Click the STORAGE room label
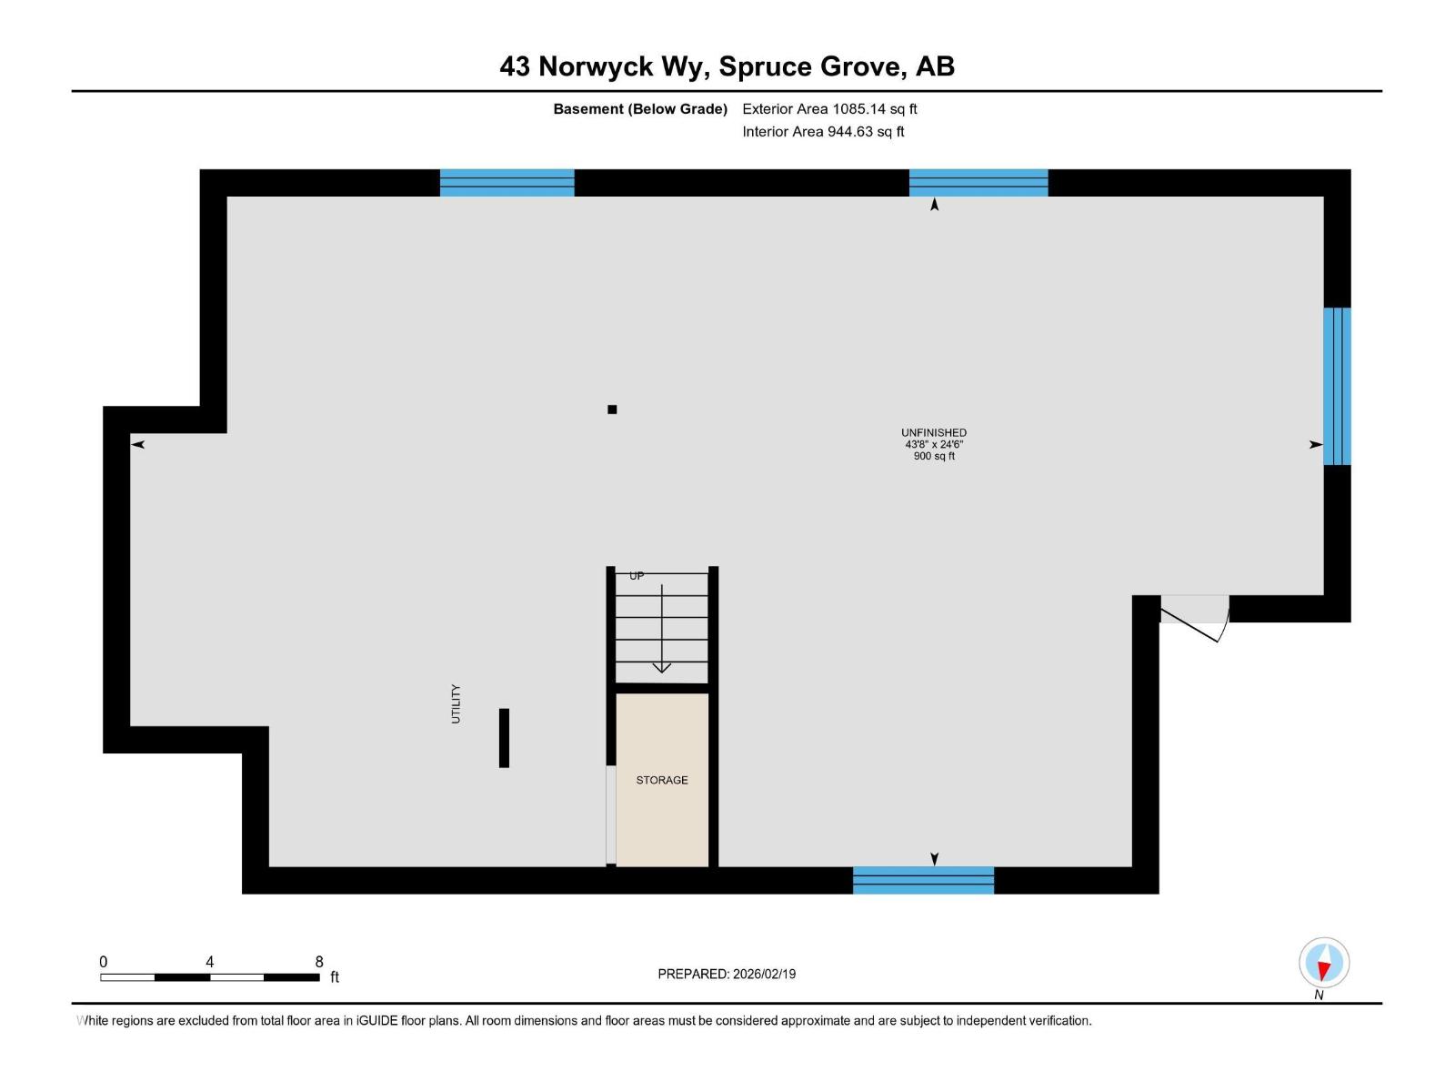click(661, 780)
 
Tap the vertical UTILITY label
click(456, 703)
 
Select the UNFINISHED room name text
click(933, 432)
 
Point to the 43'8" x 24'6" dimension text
click(933, 444)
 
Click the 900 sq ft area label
click(933, 456)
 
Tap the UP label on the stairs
click(637, 576)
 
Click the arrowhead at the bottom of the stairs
click(662, 667)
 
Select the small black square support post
click(612, 409)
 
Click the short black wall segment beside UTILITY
click(504, 737)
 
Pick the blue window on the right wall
click(1337, 386)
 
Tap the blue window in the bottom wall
click(923, 880)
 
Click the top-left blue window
click(507, 183)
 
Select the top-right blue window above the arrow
click(978, 183)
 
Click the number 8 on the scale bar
click(319, 962)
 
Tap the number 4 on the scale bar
click(210, 962)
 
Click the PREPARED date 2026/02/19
click(762, 974)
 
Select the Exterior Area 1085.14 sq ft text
click(829, 109)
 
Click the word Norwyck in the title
click(596, 66)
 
